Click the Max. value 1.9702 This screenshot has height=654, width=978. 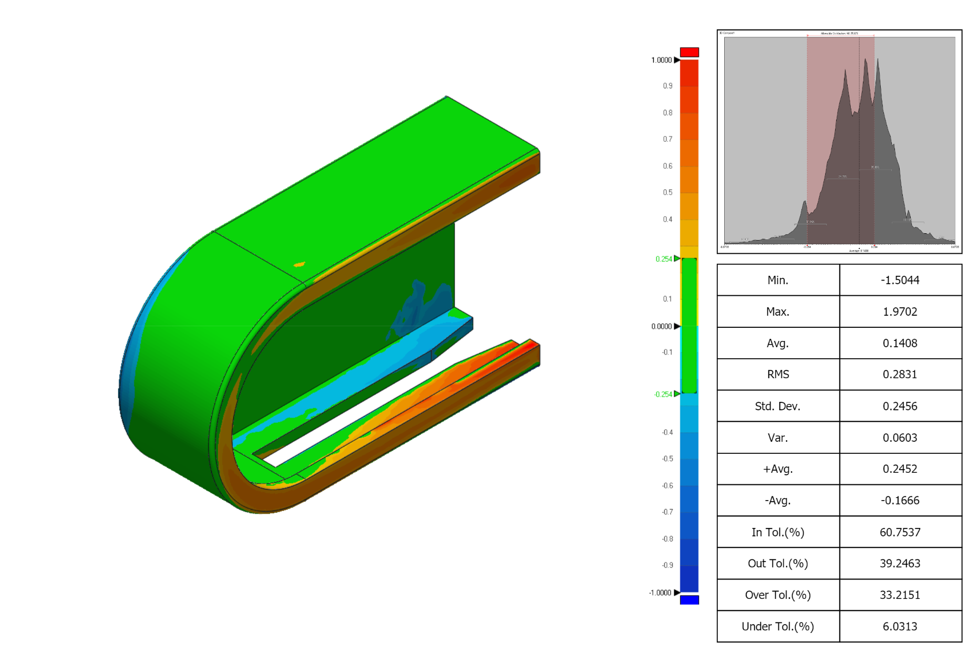[x=900, y=312]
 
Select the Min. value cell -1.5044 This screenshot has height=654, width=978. [x=900, y=280]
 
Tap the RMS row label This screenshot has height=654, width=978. [x=778, y=374]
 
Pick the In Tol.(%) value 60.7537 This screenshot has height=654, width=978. [x=900, y=532]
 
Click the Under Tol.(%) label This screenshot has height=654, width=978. [x=778, y=626]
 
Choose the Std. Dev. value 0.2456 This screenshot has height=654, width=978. [x=900, y=406]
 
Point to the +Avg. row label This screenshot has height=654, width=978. [x=778, y=469]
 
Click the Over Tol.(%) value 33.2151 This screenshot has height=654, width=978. [x=900, y=595]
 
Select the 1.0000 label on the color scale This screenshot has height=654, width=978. [x=661, y=60]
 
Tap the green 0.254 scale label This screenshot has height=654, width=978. [x=663, y=259]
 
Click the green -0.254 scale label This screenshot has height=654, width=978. [x=663, y=394]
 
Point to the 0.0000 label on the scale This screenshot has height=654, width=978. [x=661, y=326]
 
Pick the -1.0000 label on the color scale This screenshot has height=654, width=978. [x=660, y=593]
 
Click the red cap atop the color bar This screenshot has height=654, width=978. [x=689, y=52]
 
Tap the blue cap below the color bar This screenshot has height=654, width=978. [x=689, y=600]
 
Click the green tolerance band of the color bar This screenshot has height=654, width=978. [x=689, y=326]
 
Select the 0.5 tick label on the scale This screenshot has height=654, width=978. [x=667, y=192]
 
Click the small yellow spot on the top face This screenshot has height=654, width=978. [x=299, y=264]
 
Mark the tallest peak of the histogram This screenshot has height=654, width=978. [x=865, y=60]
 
